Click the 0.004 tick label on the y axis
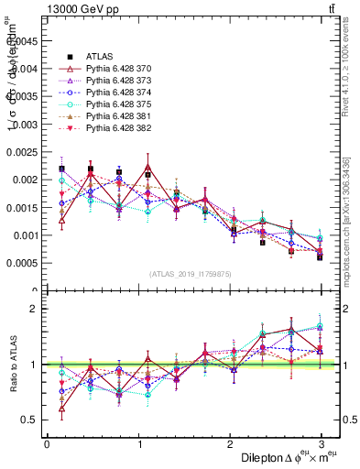(23, 68)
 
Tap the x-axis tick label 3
(322, 443)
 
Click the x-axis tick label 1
(138, 443)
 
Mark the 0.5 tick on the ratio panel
(30, 420)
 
